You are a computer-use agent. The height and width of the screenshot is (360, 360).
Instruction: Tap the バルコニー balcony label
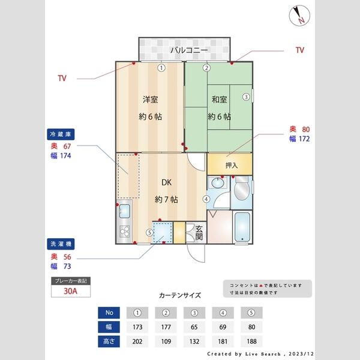188,50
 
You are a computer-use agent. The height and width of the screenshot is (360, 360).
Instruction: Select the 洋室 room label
150,99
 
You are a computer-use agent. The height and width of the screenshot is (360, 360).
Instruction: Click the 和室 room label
218,99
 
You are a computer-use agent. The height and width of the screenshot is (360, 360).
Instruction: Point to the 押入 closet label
231,164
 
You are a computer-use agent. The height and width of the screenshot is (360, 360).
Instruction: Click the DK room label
167,183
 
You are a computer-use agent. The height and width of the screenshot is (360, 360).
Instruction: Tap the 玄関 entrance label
198,232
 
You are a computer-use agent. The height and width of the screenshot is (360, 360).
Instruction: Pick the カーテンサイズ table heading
180,296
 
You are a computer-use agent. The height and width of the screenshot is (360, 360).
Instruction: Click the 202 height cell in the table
139,342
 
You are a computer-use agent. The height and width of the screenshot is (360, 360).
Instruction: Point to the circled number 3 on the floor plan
246,97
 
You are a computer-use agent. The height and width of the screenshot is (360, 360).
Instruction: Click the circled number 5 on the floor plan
149,233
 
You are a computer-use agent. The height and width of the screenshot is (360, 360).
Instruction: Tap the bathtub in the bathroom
242,227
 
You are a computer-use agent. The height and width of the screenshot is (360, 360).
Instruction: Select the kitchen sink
125,211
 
